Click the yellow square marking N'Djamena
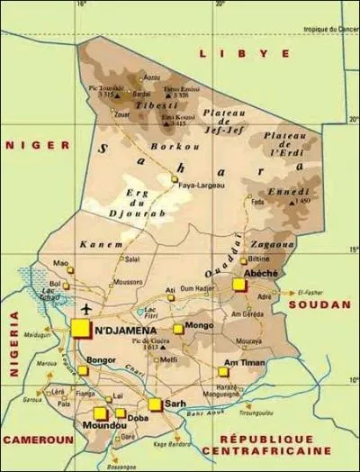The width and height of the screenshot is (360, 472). (x=82, y=330)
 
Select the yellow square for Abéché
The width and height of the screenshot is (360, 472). (x=238, y=285)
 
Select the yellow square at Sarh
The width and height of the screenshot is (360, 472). (x=155, y=404)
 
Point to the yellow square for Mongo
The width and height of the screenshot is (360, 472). (x=178, y=330)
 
